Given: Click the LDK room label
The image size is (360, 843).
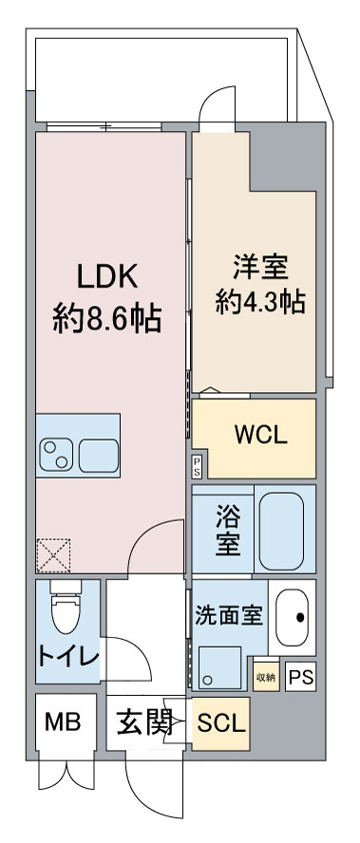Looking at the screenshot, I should (107, 278).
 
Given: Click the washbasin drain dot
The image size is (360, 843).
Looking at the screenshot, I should (301, 617).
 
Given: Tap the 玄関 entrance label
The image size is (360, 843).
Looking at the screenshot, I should (144, 723).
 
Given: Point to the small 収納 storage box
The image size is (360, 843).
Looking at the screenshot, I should (265, 675).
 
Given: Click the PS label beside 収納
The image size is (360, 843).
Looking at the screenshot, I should (300, 677).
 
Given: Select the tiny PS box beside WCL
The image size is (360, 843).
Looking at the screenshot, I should (197, 465).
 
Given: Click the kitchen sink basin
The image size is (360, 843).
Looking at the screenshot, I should (99, 456).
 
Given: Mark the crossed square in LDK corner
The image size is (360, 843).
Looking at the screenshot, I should (53, 554).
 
